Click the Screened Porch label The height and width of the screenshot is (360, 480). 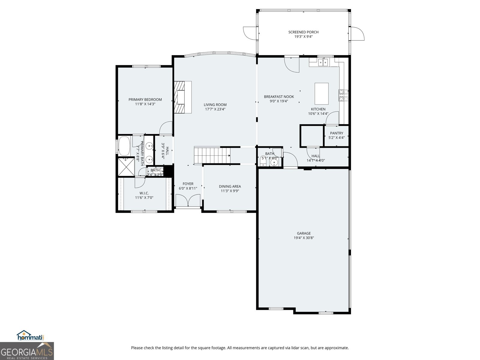(x=303, y=32)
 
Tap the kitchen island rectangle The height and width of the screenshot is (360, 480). (x=321, y=93)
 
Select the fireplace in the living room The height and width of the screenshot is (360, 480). (x=182, y=97)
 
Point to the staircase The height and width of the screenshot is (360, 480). (x=212, y=155)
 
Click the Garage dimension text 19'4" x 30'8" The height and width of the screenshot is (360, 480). (x=304, y=238)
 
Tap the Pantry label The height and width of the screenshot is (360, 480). (x=337, y=133)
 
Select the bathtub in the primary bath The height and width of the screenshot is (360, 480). (x=124, y=146)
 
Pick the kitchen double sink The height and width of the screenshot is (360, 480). (x=323, y=62)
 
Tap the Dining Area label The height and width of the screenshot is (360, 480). (x=230, y=186)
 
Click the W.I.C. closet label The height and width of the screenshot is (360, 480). (x=144, y=193)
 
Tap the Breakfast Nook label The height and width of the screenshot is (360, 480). (x=279, y=97)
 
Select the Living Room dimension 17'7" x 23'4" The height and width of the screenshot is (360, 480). (x=215, y=109)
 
